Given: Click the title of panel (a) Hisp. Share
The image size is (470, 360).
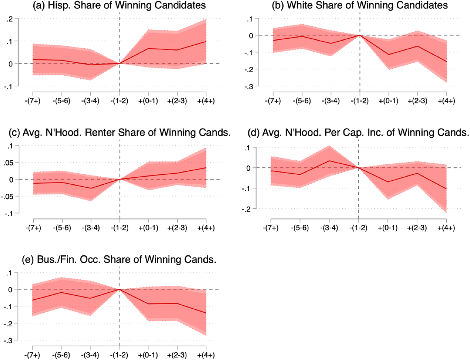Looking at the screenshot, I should tap(119, 5).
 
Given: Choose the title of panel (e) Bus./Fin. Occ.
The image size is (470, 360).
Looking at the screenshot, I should tap(119, 260).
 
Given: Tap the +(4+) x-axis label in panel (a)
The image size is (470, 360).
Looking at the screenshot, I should tap(206, 101).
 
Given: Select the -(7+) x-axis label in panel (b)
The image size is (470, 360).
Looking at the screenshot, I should tap(273, 101).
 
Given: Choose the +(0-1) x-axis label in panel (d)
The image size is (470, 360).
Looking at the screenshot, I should tap(388, 228).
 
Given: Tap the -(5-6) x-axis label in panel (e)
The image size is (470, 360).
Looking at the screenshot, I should tap(61, 355).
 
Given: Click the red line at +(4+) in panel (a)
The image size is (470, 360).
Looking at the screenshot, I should tap(206, 41).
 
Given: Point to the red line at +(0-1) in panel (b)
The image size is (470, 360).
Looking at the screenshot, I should tap(388, 55).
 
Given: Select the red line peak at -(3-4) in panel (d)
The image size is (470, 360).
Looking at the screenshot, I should tap(329, 161).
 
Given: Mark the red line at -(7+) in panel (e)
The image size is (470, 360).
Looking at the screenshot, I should tap(32, 300).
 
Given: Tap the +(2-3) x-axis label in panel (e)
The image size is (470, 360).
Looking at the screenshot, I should tap(177, 355).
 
